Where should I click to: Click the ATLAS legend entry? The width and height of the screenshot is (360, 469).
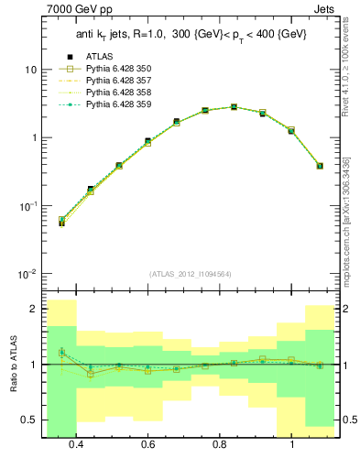tap(96, 57)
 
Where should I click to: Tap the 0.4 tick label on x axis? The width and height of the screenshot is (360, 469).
tap(76, 444)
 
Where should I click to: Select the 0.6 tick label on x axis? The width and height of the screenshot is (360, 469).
tap(148, 444)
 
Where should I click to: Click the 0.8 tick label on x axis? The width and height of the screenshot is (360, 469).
tap(220, 444)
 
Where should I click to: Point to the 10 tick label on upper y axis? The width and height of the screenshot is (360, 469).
tap(30, 70)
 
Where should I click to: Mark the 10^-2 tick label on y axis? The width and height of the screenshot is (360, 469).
tap(27, 274)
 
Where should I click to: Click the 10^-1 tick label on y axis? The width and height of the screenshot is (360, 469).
tap(27, 206)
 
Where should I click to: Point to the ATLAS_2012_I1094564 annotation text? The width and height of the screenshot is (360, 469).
tap(191, 274)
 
